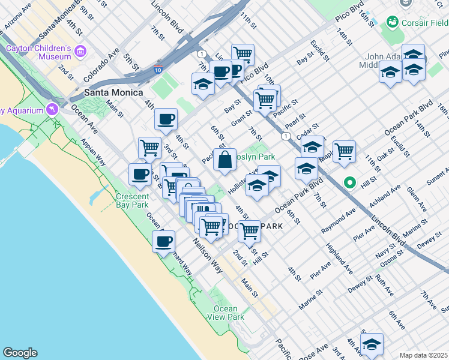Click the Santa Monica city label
coord(113,92)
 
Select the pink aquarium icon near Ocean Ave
coord(53,109)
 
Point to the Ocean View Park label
coord(226,313)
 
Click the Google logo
coord(20,353)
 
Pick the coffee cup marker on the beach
coord(163,242)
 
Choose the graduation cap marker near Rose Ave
coord(372,344)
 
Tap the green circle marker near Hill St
coord(349,182)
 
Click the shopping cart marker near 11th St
coord(243,55)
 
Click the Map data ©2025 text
coord(423,355)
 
